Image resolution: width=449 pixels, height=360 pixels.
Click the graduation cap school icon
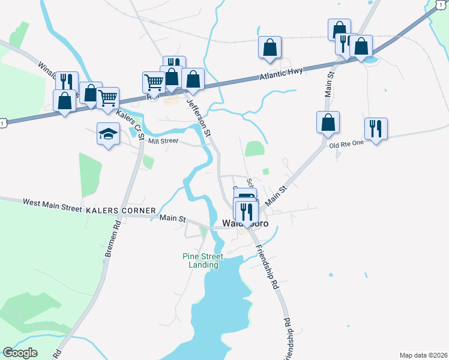(x=108, y=134)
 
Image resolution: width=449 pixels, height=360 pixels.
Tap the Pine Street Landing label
(x=203, y=260)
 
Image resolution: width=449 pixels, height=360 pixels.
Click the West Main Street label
(x=52, y=204)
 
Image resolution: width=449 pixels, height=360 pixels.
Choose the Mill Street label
(x=163, y=141)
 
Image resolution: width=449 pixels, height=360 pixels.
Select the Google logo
(x=20, y=353)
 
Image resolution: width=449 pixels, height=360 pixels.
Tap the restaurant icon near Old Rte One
(x=376, y=128)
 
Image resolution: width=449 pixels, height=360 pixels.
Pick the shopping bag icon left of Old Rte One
(x=328, y=122)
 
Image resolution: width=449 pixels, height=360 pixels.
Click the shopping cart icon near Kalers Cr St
(x=108, y=98)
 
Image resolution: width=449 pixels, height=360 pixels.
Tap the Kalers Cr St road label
(x=131, y=124)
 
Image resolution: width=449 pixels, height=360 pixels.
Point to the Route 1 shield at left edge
(x=4, y=123)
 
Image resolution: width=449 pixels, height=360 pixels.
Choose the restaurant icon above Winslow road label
(x=66, y=82)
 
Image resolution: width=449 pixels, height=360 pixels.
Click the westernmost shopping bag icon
(x=64, y=101)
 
